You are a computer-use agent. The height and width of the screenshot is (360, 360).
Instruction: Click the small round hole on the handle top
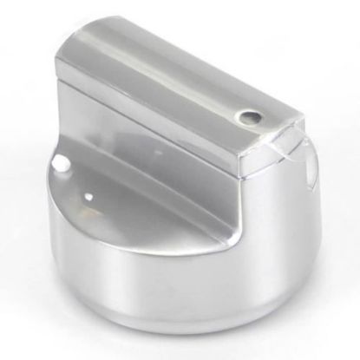(252, 115)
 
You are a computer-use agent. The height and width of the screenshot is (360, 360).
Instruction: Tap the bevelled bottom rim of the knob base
(187, 334)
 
